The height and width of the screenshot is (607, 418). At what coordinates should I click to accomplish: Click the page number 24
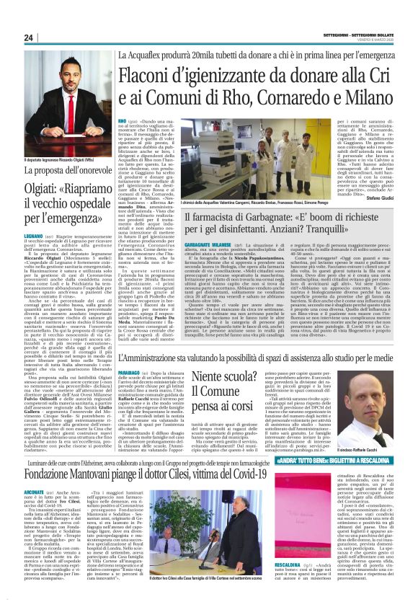pos(28,38)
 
